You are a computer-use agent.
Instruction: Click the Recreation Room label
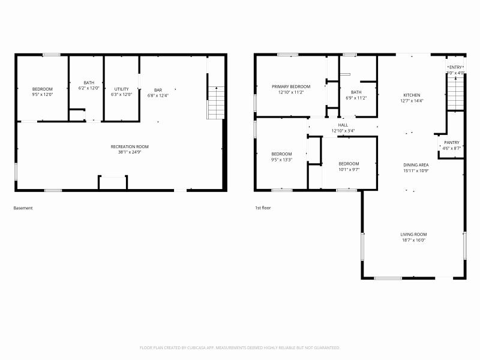[130, 146]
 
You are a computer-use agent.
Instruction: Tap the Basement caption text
[23, 208]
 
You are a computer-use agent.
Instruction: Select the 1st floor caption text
[263, 208]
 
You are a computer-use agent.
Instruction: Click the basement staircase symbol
[215, 103]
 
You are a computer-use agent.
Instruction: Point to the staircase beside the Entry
[456, 94]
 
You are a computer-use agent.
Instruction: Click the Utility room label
[121, 89]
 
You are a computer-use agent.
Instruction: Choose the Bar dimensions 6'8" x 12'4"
[158, 95]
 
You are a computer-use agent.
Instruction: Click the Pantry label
[451, 142]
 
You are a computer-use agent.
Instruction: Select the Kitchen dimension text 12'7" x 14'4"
[412, 101]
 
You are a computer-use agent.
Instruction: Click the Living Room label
[413, 234]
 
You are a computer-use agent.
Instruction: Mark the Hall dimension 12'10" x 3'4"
[343, 131]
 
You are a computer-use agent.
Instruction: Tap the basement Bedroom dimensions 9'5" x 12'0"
[43, 94]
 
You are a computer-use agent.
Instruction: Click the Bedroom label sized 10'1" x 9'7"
[349, 164]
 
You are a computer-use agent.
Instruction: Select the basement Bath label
[89, 83]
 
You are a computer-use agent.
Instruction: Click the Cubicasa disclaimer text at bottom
[240, 347]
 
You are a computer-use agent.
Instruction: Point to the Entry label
[456, 67]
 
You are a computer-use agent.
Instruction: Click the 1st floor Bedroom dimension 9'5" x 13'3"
[281, 160]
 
